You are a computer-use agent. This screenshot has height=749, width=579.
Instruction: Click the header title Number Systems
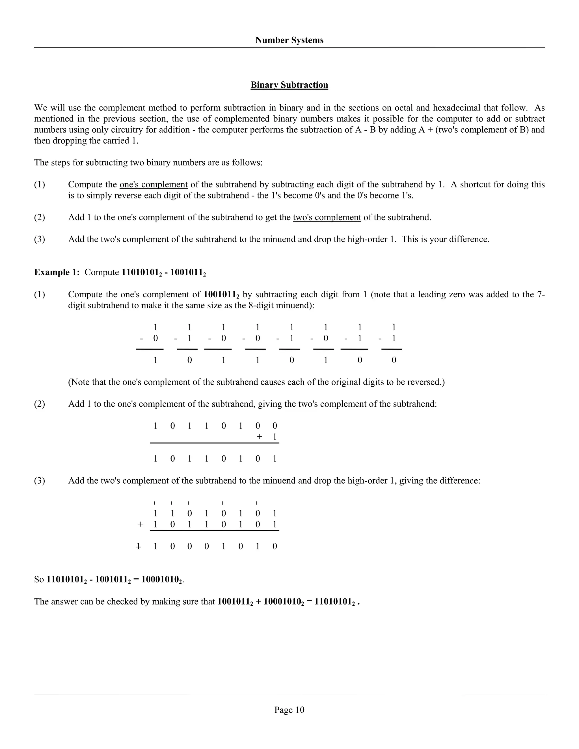(289, 40)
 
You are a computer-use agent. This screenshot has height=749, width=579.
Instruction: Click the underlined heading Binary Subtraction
(289, 85)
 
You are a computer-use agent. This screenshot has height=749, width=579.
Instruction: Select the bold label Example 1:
(57, 272)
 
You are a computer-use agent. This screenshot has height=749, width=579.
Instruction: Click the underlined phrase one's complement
(153, 185)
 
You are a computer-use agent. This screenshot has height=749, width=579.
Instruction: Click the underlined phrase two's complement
(327, 217)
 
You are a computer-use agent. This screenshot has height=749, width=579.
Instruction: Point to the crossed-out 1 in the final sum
(139, 546)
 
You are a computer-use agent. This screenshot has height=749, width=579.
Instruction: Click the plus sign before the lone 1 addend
(260, 437)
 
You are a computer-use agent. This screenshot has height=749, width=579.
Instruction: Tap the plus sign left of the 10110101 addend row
(140, 524)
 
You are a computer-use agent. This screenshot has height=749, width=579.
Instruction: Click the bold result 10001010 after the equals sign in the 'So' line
(161, 580)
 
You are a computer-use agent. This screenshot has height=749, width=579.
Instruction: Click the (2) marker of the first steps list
(40, 217)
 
